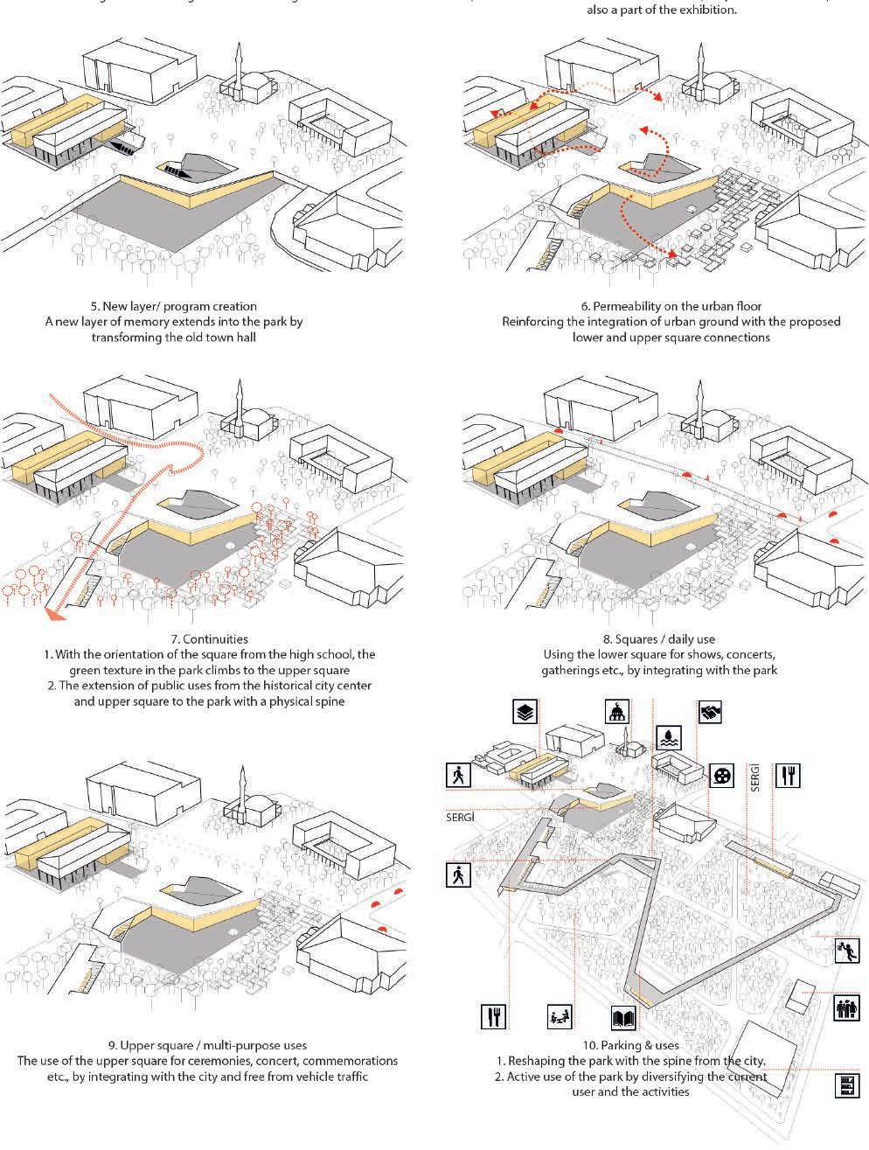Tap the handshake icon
pos(711,713)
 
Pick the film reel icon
pos(720,775)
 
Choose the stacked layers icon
pos(524,714)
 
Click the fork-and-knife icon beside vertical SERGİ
pos(789,775)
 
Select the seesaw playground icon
pos(559,1017)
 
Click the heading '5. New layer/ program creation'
pos(174,306)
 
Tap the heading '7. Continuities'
pos(210,639)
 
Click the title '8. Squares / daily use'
pos(659,639)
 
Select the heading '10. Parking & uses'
pos(630,1045)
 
